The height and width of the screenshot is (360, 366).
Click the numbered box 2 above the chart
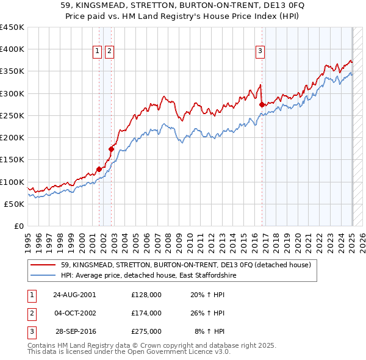(109, 52)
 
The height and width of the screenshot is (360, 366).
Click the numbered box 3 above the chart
(260, 52)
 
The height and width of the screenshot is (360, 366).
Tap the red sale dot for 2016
(262, 105)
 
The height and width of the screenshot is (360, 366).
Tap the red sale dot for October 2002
(112, 148)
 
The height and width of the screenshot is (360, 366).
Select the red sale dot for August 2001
(99, 169)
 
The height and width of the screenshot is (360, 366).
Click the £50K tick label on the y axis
(14, 204)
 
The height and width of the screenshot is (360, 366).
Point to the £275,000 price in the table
(146, 332)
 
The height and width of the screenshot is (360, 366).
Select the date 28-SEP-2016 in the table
(76, 332)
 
